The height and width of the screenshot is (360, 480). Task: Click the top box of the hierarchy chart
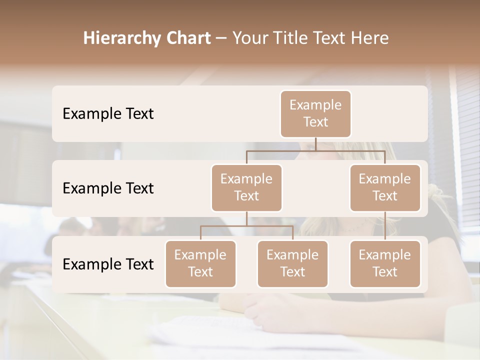click(x=315, y=113)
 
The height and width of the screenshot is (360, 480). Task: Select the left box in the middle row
click(x=246, y=187)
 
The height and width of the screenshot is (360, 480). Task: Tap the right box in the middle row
click(x=385, y=187)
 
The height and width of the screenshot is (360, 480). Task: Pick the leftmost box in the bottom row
click(x=200, y=263)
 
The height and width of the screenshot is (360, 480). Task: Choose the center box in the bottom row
click(x=292, y=263)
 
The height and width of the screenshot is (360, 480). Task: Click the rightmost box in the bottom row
click(x=385, y=263)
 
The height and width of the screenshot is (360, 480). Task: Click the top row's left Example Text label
click(x=108, y=114)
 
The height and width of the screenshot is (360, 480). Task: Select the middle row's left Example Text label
click(x=108, y=188)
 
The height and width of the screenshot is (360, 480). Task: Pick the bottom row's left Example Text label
click(x=108, y=264)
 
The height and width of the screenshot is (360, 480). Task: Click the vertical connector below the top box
click(x=315, y=144)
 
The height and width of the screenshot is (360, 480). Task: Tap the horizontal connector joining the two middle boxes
click(x=315, y=150)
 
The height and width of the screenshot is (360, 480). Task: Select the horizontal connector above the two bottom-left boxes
click(x=246, y=226)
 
